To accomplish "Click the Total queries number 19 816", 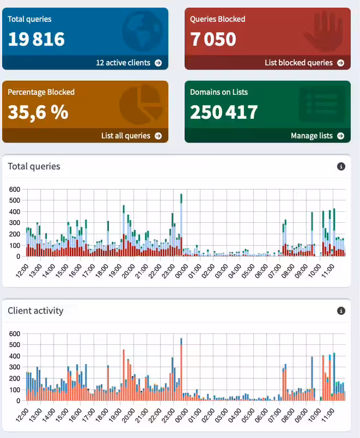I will coord(36,39).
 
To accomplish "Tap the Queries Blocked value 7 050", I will coord(213,39).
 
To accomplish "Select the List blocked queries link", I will coord(304,63).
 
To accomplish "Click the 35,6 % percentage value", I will coord(38,112).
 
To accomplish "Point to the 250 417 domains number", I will coord(224,112).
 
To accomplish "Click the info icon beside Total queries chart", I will coord(341,166).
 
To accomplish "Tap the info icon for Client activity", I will coord(341,311).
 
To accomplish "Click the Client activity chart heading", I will coord(36,311).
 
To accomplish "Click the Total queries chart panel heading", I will coord(34,166).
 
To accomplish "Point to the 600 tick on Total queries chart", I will coord(15,189).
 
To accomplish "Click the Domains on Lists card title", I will coord(217,92).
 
